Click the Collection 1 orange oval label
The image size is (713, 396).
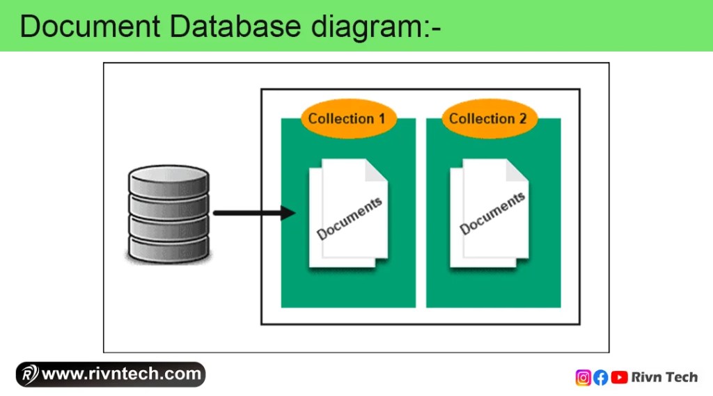coord(347,118)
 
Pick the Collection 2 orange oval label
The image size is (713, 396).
coord(487,118)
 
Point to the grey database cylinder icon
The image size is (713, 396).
coord(169,214)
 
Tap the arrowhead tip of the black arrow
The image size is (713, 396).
coord(294,213)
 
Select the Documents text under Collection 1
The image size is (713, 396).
coord(350,219)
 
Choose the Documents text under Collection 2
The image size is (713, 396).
coord(492,213)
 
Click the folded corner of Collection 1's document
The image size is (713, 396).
coord(377,171)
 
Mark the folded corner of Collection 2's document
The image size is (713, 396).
coord(517,171)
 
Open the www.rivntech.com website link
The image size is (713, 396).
coord(122,374)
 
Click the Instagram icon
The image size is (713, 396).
coord(583,377)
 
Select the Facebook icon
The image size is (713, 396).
coord(600,377)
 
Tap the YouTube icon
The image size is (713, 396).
coord(618,377)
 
